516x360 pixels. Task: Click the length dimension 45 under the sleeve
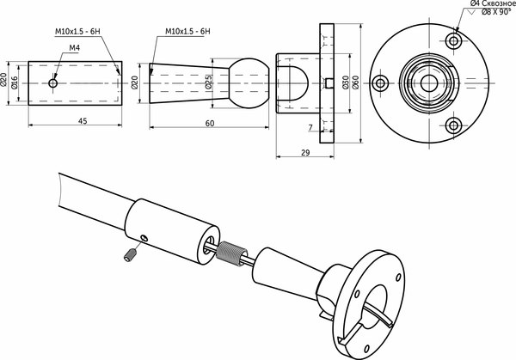[83, 121]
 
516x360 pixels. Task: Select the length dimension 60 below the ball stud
[210, 124]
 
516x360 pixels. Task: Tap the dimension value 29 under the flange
[307, 152]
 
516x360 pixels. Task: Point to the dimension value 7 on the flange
[310, 127]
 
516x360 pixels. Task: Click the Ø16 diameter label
[15, 82]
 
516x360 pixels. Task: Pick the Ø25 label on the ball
[208, 83]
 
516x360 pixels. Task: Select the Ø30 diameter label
[345, 83]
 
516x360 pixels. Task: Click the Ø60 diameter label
[356, 83]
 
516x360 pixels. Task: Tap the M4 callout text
[74, 49]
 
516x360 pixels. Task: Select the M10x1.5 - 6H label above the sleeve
[77, 32]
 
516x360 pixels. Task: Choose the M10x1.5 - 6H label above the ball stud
[188, 32]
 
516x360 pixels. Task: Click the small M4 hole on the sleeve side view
[53, 83]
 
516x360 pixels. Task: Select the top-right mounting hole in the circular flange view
[452, 40]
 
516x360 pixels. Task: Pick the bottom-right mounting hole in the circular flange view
[453, 125]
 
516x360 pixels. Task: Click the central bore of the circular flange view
[429, 82]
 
